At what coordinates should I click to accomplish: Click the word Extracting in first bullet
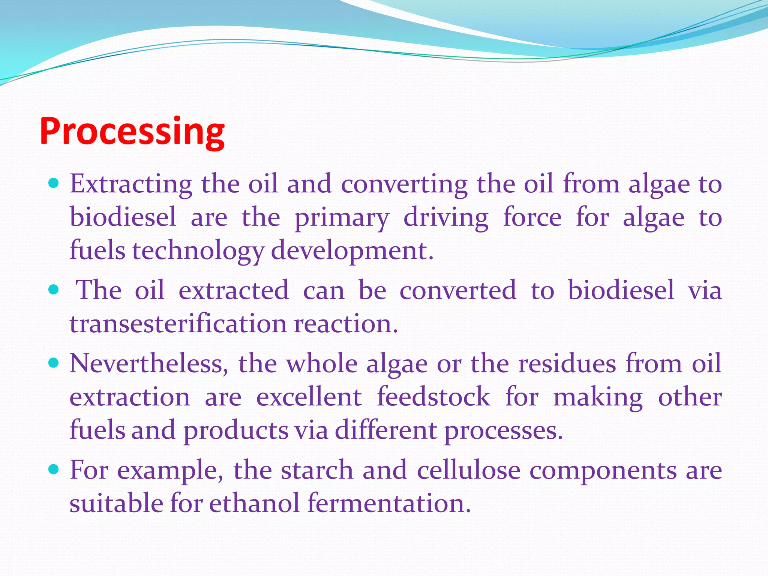[x=131, y=184]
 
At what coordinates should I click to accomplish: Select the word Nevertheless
[x=148, y=364]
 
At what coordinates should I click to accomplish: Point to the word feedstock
[x=433, y=397]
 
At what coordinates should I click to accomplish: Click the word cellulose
[x=468, y=470]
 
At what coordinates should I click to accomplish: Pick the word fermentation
[x=388, y=503]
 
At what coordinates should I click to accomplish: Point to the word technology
[x=198, y=251]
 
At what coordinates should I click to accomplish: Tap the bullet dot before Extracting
[x=54, y=183]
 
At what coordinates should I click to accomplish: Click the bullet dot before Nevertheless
[x=54, y=363]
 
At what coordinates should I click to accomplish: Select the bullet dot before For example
[x=54, y=469]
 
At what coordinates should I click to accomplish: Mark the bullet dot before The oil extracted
[x=54, y=289]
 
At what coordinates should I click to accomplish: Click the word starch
[x=317, y=470]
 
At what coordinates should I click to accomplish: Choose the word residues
[x=567, y=364]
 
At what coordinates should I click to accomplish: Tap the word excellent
[x=309, y=397]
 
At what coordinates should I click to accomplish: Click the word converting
[x=404, y=184]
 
